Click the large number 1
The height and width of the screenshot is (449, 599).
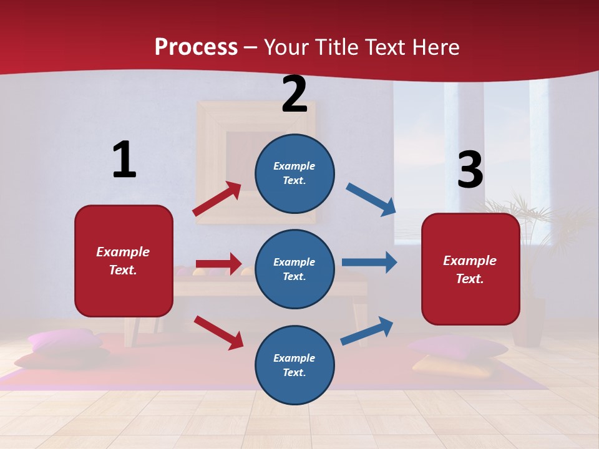[x=124, y=160]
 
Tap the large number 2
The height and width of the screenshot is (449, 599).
[x=295, y=95]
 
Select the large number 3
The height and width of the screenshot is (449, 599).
[x=470, y=170]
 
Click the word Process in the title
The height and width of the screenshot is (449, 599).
[x=196, y=47]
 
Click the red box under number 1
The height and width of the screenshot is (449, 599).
[x=124, y=261]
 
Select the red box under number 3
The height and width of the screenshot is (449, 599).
[x=470, y=269]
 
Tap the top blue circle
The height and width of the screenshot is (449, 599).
[x=295, y=173]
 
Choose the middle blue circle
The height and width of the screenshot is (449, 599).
[x=295, y=269]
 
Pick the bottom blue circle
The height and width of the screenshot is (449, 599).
[x=295, y=365]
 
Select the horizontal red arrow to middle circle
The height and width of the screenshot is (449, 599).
[x=218, y=264]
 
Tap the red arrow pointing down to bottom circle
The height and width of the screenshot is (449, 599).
[x=218, y=332]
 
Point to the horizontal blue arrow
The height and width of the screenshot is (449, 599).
[x=369, y=262]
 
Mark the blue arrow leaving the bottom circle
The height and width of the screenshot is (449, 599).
[x=367, y=331]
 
